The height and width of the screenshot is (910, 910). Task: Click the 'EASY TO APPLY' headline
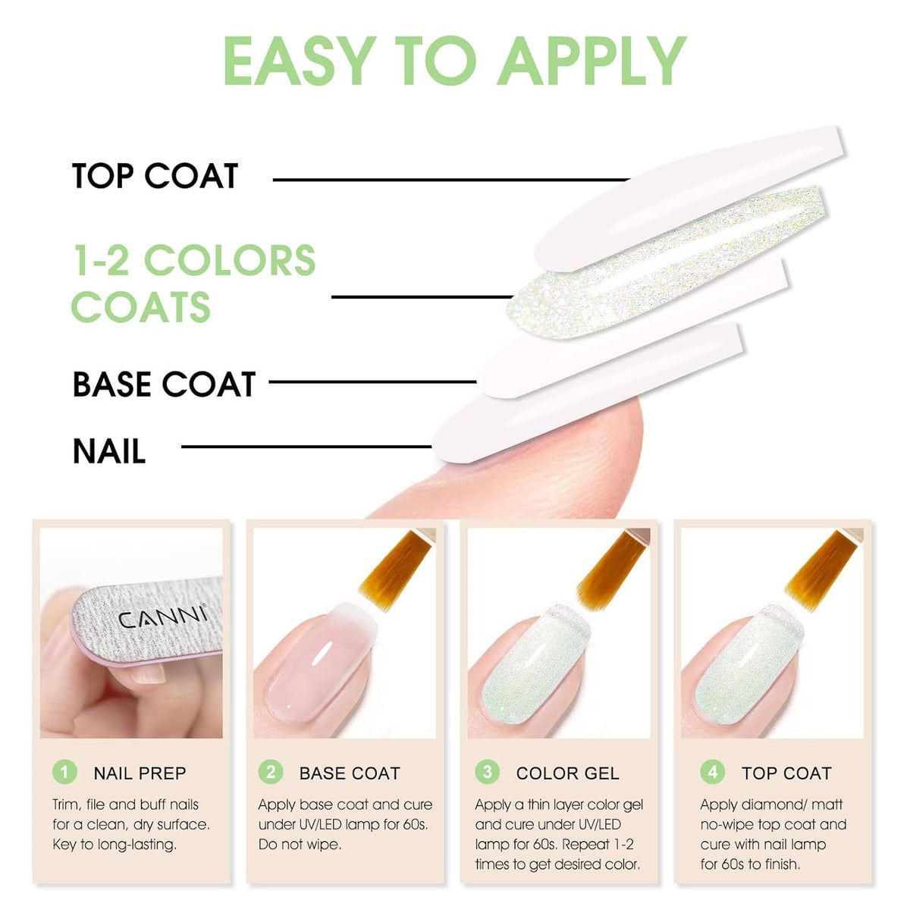[454, 61]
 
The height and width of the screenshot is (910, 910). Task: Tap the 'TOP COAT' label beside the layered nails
[155, 176]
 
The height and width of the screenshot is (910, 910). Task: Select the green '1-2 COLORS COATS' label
[193, 283]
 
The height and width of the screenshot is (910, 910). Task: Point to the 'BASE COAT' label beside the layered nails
[164, 384]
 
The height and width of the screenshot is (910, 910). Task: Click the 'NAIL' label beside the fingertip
[109, 451]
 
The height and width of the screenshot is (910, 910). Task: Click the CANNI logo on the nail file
[162, 618]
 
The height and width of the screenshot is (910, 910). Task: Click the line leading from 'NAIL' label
[306, 446]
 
